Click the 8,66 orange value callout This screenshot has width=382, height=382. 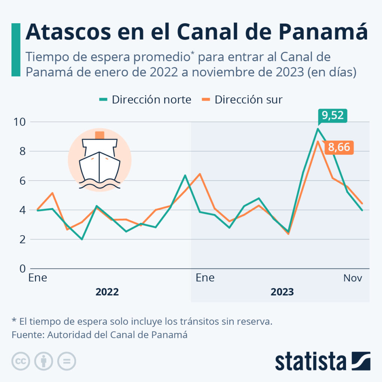[339, 147]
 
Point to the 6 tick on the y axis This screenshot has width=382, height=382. [21, 181]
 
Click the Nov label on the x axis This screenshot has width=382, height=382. [353, 278]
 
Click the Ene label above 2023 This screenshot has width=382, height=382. [205, 278]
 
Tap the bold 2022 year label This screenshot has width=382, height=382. [107, 292]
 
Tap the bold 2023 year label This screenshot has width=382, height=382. [282, 292]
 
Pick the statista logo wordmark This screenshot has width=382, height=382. [311, 361]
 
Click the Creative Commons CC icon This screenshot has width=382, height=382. [21, 361]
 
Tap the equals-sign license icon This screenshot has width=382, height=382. [67, 361]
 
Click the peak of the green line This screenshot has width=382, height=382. [318, 129]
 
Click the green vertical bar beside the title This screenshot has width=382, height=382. [16, 49]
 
